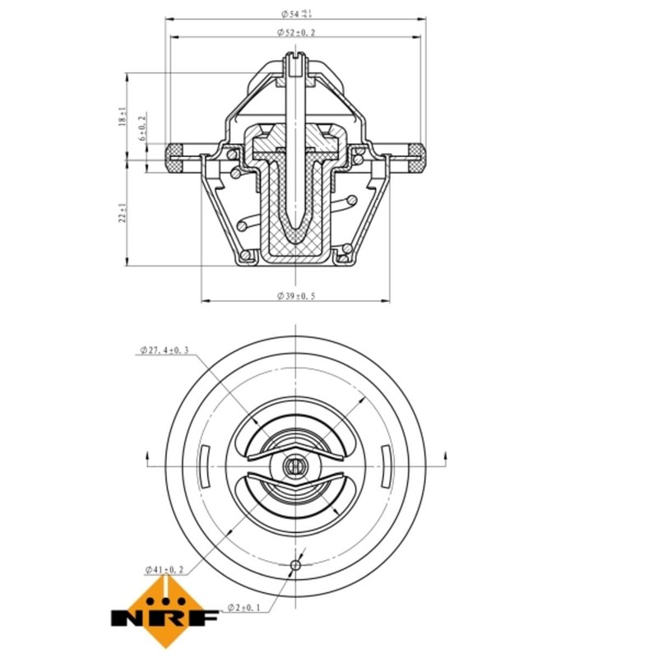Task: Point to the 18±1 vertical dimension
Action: click(123, 116)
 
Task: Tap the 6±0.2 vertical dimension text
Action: click(142, 128)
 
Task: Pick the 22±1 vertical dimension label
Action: click(123, 214)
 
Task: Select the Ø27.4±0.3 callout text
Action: click(164, 351)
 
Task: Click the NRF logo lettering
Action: click(164, 615)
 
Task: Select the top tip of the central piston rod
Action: click(294, 56)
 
